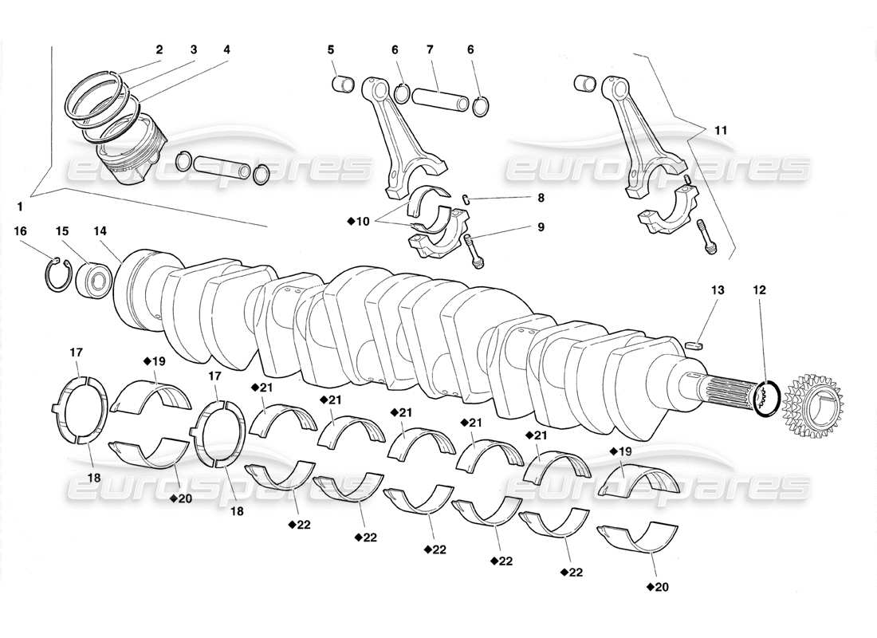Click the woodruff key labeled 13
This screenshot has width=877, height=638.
[695, 345]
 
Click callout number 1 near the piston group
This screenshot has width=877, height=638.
[20, 206]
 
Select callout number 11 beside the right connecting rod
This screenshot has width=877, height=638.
[721, 128]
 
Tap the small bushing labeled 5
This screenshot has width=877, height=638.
[343, 83]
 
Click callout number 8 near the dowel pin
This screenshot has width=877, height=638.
[541, 197]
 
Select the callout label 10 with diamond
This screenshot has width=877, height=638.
[360, 221]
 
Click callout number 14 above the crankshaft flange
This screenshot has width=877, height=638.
[100, 230]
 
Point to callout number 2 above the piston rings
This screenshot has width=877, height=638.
[159, 49]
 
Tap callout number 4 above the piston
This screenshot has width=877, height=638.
[226, 49]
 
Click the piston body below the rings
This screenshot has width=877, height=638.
[132, 152]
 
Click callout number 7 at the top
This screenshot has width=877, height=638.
[430, 49]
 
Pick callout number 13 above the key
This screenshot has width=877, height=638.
[718, 291]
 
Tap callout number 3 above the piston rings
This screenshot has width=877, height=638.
[193, 49]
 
